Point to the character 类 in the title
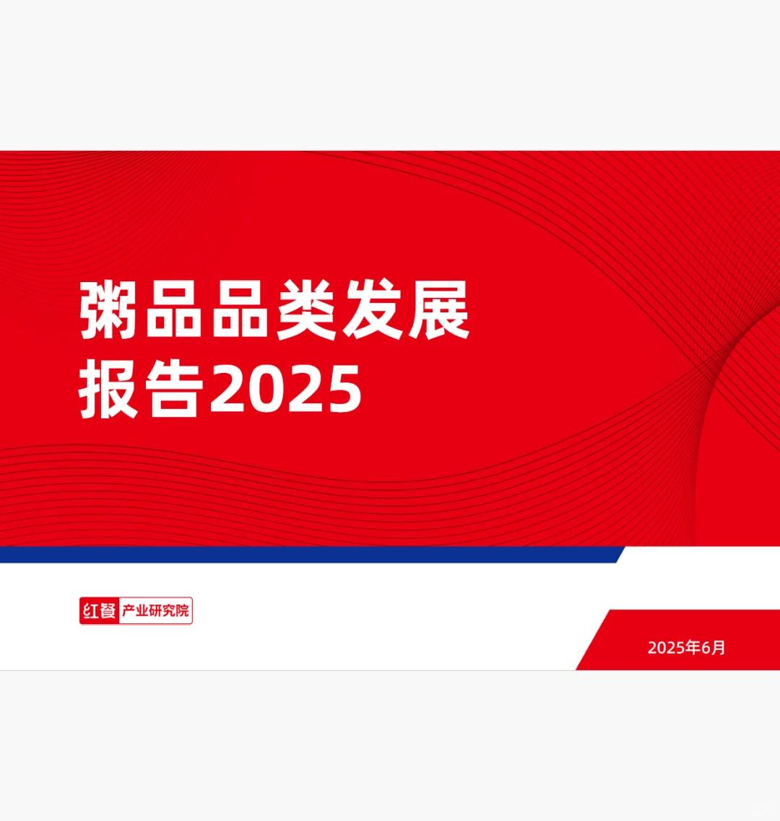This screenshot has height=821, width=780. [x=305, y=311]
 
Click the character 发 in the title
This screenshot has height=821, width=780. [x=371, y=311]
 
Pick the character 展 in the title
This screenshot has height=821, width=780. [x=438, y=311]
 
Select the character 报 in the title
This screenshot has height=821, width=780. [x=108, y=390]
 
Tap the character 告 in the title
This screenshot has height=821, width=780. [x=174, y=390]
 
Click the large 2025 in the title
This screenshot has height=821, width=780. [x=285, y=390]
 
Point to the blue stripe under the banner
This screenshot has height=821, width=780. [x=311, y=555]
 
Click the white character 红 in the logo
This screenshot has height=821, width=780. [x=90, y=611]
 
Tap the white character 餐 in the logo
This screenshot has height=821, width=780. [x=107, y=611]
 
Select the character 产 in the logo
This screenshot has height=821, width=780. [x=127, y=611]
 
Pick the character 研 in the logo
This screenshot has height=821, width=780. [x=155, y=611]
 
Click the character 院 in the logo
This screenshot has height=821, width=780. [x=182, y=611]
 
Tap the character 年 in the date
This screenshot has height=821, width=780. [x=693, y=648]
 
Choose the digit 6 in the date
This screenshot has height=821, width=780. [x=706, y=648]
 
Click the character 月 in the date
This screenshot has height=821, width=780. [x=719, y=648]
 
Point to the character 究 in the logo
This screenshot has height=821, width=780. [x=168, y=611]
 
